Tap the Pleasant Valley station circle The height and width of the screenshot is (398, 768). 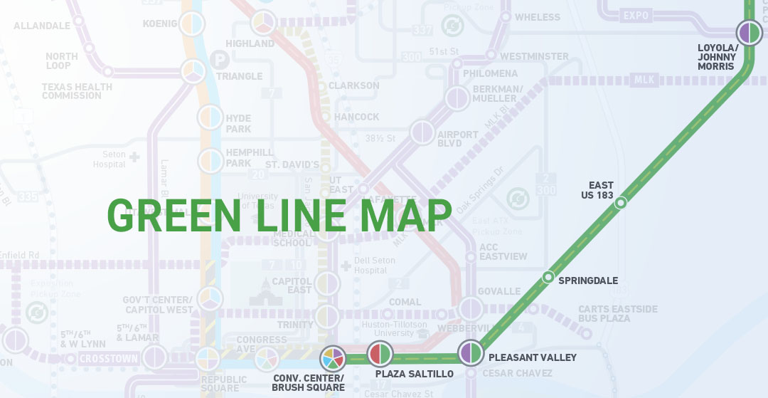(x=471, y=352)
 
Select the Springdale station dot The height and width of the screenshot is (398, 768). (x=548, y=277)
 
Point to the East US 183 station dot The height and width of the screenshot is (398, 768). (x=621, y=203)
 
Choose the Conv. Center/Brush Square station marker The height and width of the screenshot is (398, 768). (x=333, y=357)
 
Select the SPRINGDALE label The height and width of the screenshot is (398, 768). (x=588, y=281)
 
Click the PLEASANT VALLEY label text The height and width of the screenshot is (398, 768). (x=533, y=357)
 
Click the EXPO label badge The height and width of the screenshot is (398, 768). (x=636, y=14)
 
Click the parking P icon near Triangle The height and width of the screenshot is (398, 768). (x=221, y=61)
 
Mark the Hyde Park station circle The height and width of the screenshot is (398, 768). (x=210, y=117)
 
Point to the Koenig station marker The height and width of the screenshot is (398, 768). (x=191, y=24)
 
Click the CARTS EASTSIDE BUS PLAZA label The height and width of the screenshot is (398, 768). (x=617, y=313)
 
